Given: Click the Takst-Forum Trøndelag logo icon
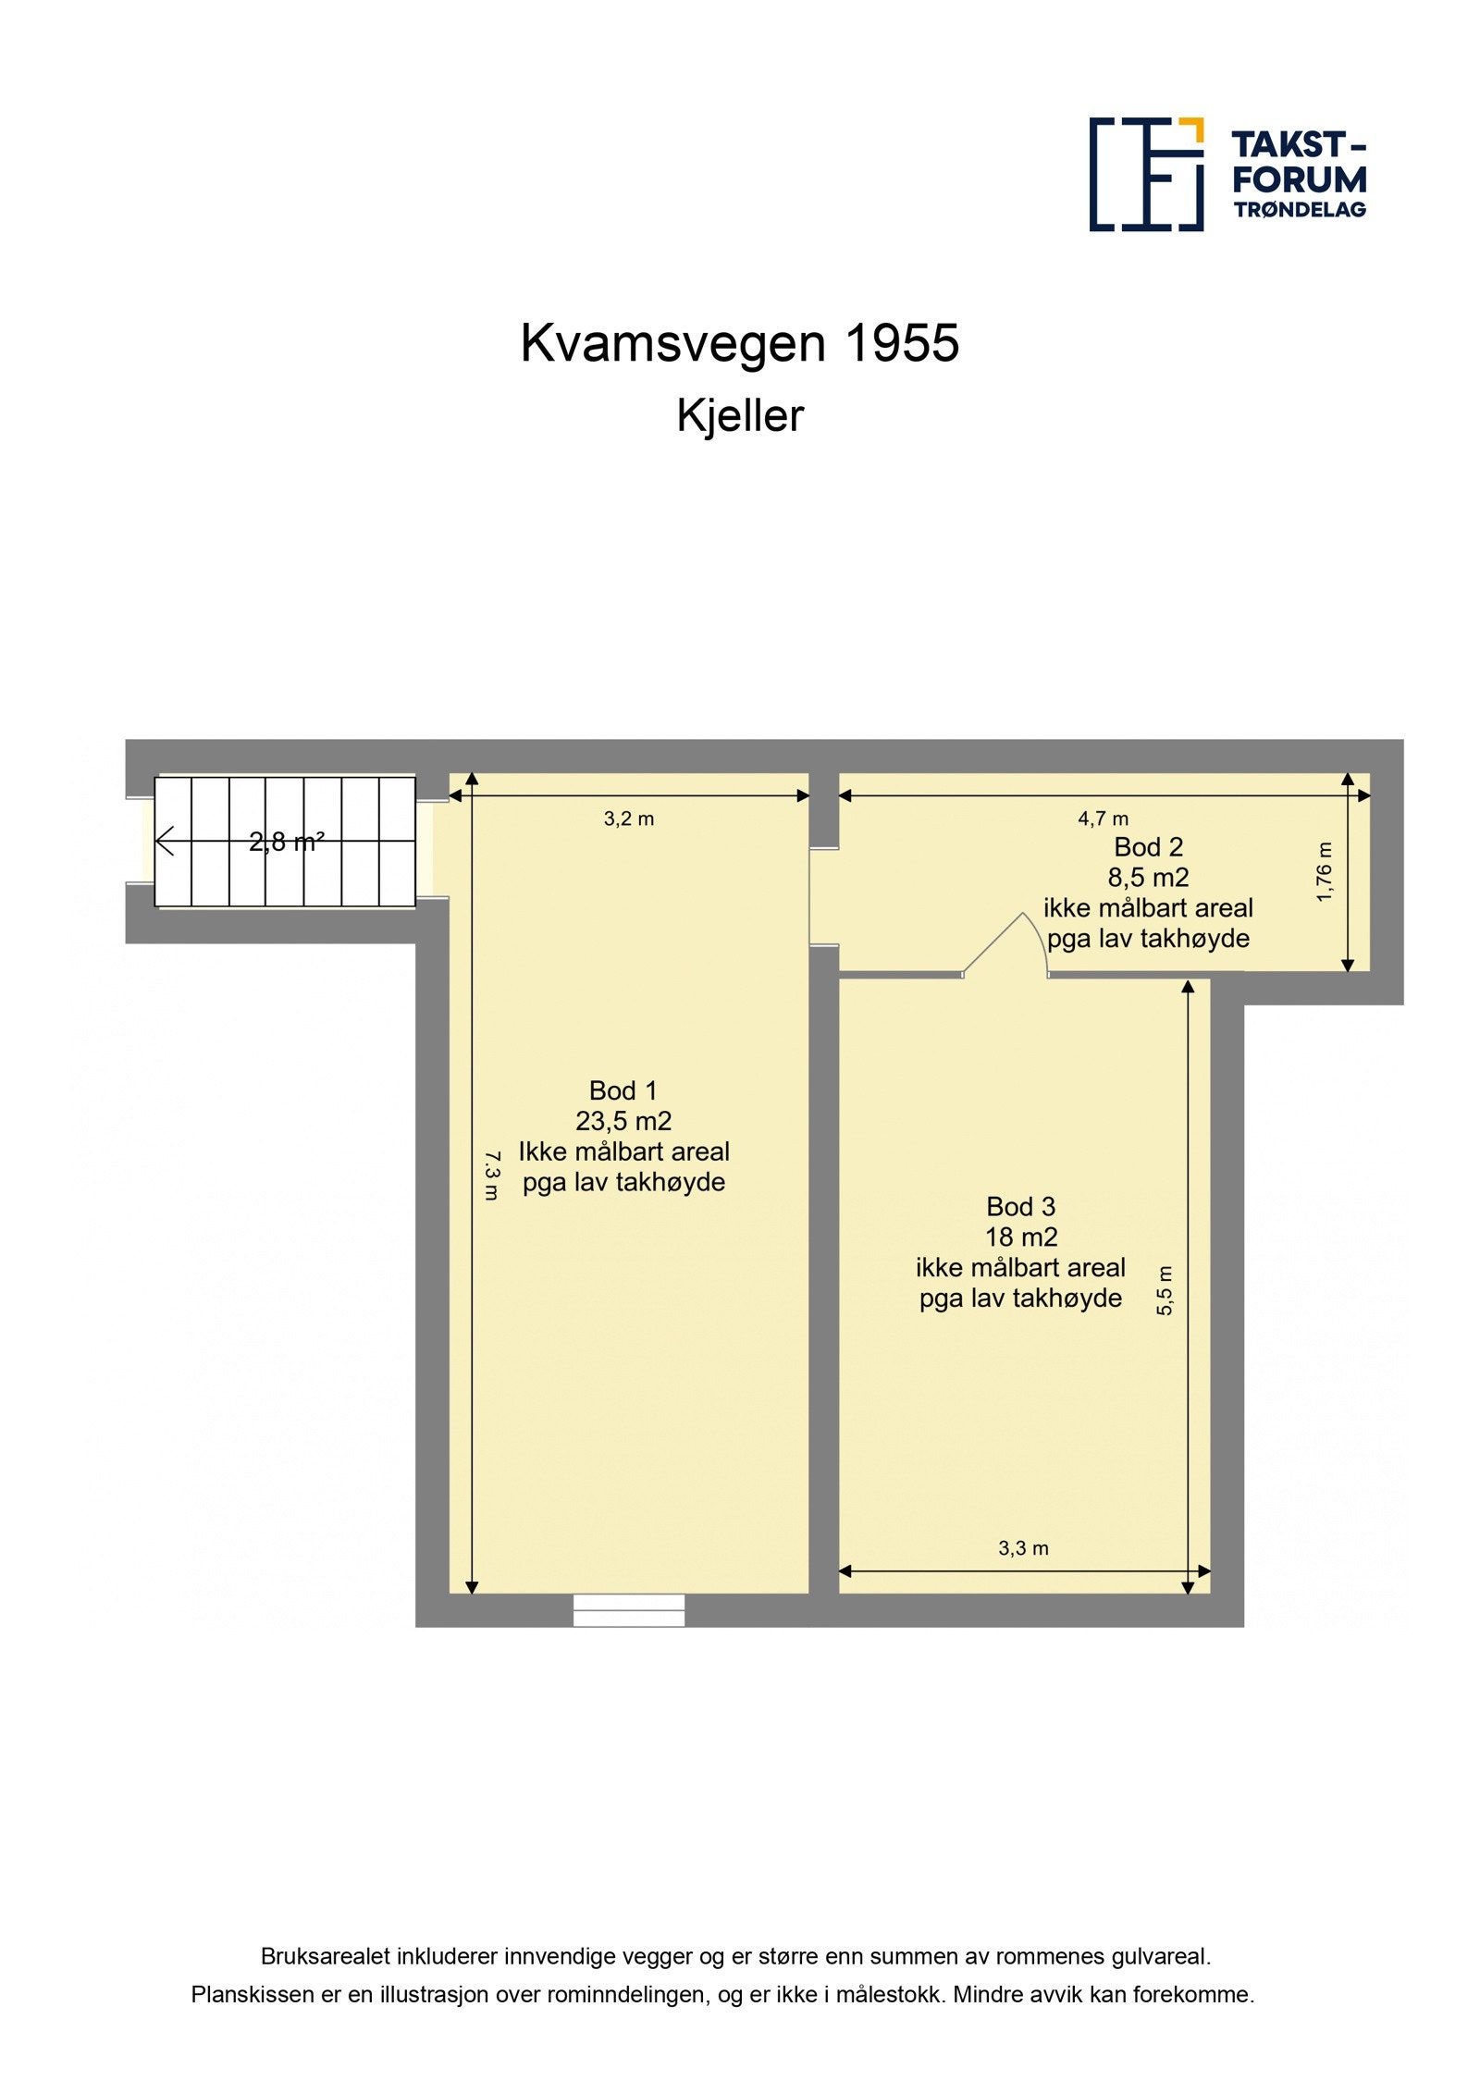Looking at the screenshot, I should pyautogui.click(x=1145, y=174).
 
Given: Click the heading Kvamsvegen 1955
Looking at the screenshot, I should pyautogui.click(x=739, y=343).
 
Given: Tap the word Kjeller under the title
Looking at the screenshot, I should pyautogui.click(x=739, y=416).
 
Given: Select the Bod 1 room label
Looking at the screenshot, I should pyautogui.click(x=623, y=1090).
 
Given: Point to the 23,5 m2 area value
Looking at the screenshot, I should pyautogui.click(x=623, y=1121).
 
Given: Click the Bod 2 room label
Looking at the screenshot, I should pyautogui.click(x=1148, y=846).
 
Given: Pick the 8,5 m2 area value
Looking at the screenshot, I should pyautogui.click(x=1148, y=877).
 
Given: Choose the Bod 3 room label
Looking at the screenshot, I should pyautogui.click(x=1020, y=1206).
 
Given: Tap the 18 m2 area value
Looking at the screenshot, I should pyautogui.click(x=1020, y=1237).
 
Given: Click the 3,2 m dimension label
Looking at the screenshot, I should pyautogui.click(x=628, y=819).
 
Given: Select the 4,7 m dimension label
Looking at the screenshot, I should pyautogui.click(x=1103, y=819).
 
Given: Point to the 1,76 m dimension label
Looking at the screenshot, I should pyautogui.click(x=1324, y=871).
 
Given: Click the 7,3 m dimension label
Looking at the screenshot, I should pyautogui.click(x=491, y=1175).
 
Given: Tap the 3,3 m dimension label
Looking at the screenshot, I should pyautogui.click(x=1023, y=1548).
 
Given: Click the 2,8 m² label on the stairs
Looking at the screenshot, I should pyautogui.click(x=286, y=842).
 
